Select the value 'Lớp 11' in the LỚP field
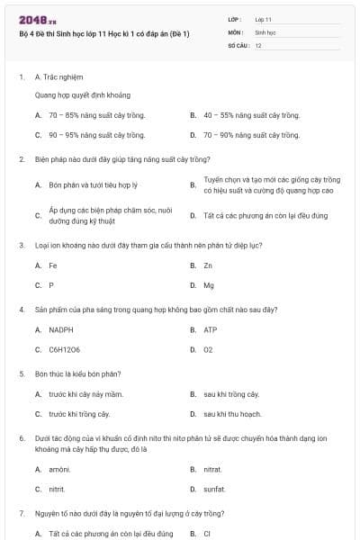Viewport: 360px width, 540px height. [263, 19]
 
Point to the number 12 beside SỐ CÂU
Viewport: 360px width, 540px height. [258, 45]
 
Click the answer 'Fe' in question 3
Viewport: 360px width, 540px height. [53, 265]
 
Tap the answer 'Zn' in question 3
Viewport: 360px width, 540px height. [208, 265]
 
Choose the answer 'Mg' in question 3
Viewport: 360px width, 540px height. [209, 285]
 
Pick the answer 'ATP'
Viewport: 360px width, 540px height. [210, 329]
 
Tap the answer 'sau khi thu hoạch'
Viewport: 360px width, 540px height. [232, 414]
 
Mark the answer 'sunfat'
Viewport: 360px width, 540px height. [214, 489]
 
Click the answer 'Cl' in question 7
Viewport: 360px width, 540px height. [207, 534]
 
